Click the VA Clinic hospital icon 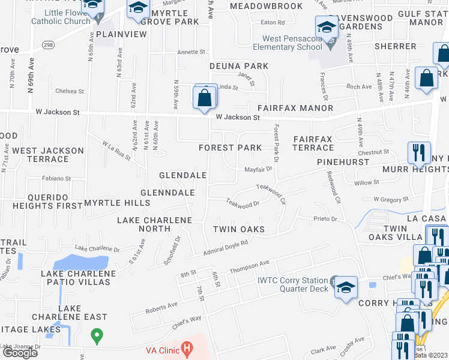188,347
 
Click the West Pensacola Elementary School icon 327,26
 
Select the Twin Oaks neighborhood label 239,230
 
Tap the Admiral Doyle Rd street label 226,244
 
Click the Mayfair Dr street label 258,169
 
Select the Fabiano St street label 56,178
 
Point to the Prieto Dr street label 326,219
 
